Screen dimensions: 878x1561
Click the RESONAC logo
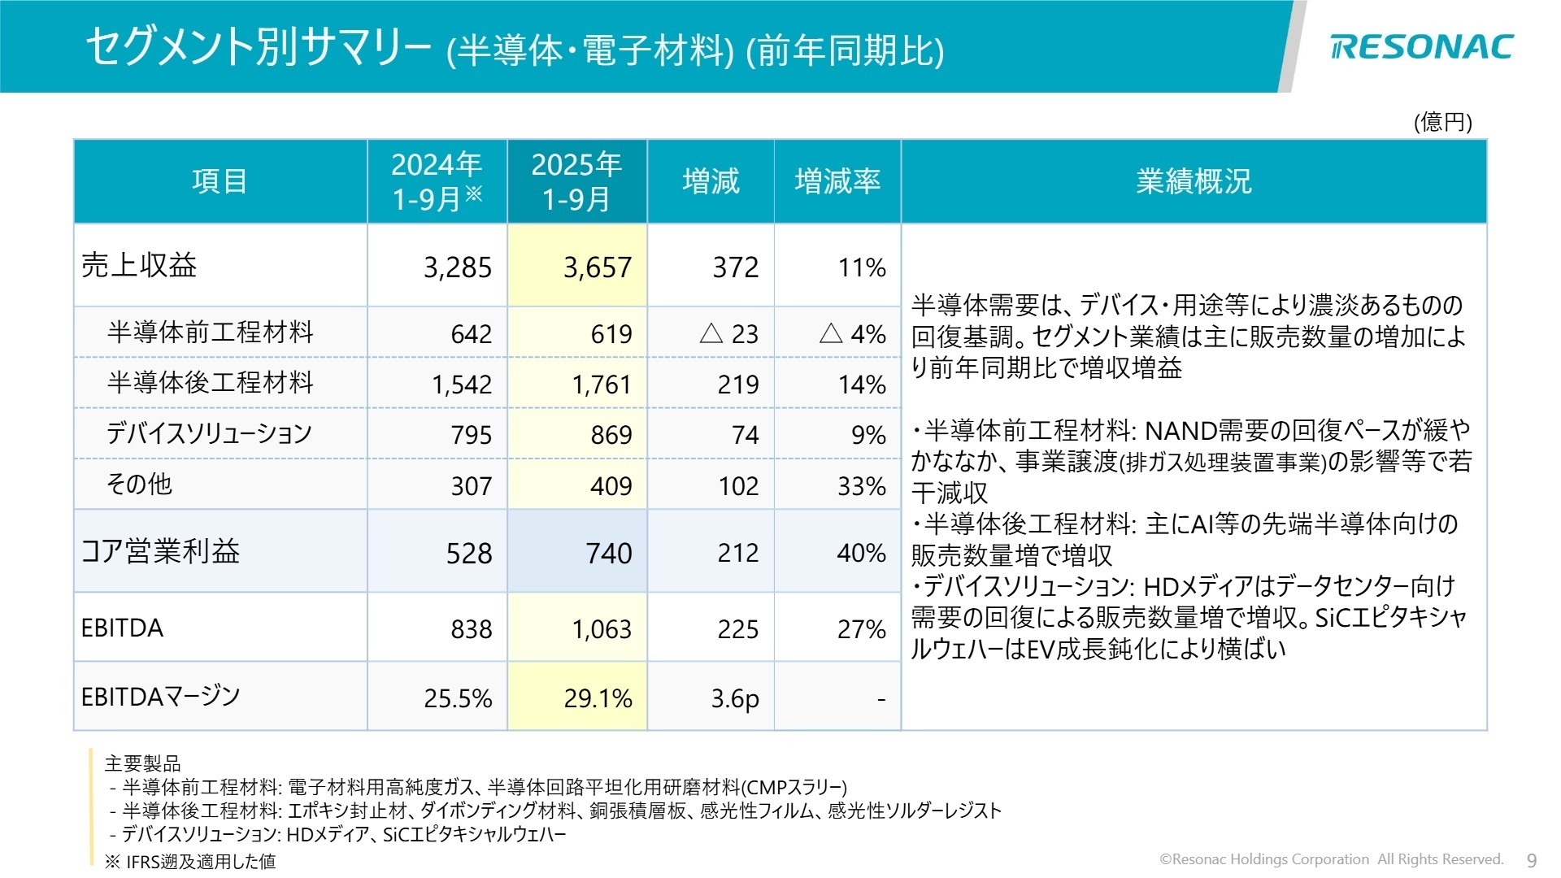1421,47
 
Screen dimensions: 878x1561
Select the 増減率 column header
837,181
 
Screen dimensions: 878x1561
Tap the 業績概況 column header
1194,181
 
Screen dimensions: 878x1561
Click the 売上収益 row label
139,266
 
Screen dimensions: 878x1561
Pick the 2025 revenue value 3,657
598,267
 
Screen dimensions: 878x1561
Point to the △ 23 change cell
728,333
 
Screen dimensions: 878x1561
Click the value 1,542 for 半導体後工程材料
462,385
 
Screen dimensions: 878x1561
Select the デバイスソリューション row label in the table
209,433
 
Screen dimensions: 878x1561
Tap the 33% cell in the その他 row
862,486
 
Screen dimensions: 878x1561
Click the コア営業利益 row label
160,551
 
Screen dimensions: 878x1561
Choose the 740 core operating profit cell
609,554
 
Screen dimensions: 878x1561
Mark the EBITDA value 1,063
602,629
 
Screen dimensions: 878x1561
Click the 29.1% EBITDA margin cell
598,698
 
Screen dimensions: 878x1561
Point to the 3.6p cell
735,698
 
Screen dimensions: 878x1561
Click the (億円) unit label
1443,122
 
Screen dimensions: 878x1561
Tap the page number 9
1533,860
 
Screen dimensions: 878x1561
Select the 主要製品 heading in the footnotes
143,763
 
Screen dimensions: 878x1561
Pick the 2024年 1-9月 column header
437,181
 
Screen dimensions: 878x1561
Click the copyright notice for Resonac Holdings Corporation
1331,859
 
